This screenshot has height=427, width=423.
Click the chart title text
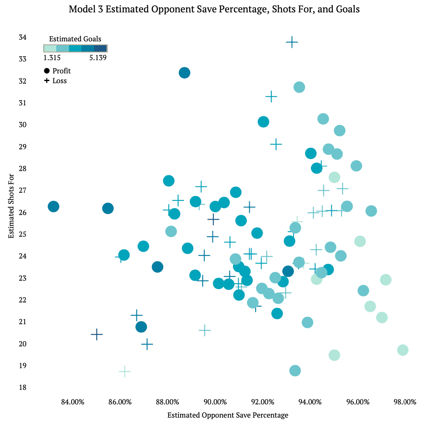[214, 9]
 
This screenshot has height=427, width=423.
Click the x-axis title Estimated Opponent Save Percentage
[228, 415]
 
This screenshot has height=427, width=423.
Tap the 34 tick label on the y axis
[22, 37]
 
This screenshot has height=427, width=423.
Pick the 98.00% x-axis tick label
[405, 402]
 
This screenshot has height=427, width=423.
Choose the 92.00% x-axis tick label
[262, 402]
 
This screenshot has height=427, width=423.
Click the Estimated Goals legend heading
[75, 39]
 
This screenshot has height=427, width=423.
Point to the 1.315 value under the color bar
[52, 58]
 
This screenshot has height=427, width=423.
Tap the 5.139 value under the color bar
[98, 58]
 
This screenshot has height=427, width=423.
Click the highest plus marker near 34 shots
[292, 42]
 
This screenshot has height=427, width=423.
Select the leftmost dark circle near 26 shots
[53, 206]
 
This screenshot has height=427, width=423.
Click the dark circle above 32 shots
[184, 73]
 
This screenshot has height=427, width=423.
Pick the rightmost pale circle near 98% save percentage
[403, 350]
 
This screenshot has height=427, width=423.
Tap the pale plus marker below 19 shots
[125, 372]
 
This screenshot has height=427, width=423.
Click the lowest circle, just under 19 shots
[295, 370]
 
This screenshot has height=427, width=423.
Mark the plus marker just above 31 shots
[271, 96]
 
